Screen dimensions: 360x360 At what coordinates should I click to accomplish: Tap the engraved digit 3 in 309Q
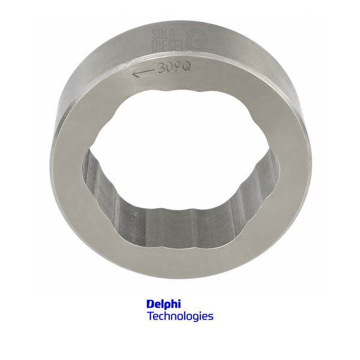point(162,68)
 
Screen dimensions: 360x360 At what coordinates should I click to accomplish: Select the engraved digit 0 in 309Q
point(170,67)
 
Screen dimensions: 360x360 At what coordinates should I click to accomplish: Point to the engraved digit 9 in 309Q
point(178,67)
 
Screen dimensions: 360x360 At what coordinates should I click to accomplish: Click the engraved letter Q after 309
point(186,67)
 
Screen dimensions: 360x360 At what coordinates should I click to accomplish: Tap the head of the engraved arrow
point(136,73)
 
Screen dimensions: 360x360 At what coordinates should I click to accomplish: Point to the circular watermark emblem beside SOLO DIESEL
point(197,41)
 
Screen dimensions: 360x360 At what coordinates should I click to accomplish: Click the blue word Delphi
point(164,304)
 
